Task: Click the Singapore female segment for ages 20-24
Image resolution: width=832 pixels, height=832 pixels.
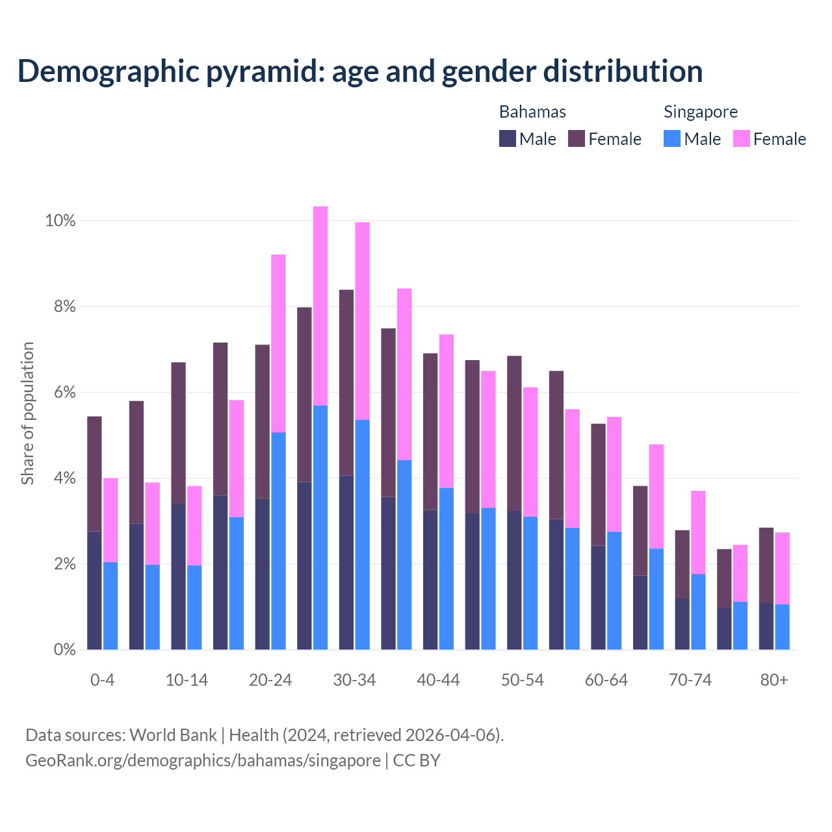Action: [278, 343]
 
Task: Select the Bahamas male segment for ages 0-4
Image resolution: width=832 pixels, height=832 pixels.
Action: [95, 590]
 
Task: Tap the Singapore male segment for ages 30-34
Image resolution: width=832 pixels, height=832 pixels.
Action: [362, 534]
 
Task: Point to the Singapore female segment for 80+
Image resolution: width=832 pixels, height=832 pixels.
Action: [782, 568]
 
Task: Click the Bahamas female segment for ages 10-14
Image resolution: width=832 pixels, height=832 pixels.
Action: [178, 433]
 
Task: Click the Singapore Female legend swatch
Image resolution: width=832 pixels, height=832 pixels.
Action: [741, 139]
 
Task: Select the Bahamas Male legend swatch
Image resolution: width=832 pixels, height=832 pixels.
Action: [508, 139]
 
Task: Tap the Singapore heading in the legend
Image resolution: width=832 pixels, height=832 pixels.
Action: [700, 112]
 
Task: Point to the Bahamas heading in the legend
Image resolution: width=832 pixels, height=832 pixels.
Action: [532, 112]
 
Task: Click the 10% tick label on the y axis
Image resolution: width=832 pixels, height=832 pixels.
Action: [60, 221]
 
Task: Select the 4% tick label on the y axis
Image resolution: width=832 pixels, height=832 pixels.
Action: [64, 478]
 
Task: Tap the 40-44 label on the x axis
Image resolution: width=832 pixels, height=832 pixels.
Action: [438, 680]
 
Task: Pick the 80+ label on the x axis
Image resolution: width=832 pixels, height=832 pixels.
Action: [773, 680]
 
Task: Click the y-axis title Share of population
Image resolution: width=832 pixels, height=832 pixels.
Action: [27, 413]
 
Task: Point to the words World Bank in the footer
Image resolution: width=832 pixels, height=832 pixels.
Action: [173, 735]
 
